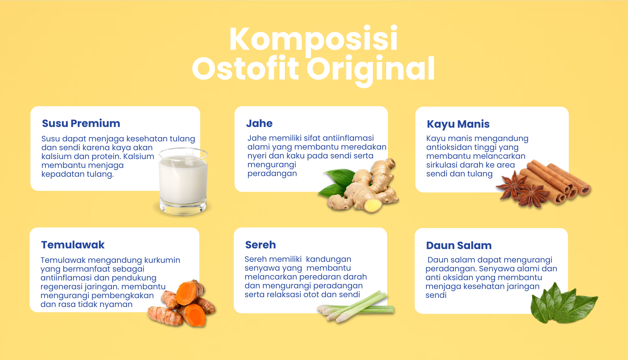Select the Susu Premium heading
coord(81,123)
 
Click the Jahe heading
coord(259,123)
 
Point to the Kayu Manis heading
coord(458,124)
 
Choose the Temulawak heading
coord(73,245)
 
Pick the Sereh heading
coord(261,245)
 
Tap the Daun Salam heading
coord(459,245)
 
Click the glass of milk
coord(183,182)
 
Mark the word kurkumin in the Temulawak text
coord(162,260)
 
